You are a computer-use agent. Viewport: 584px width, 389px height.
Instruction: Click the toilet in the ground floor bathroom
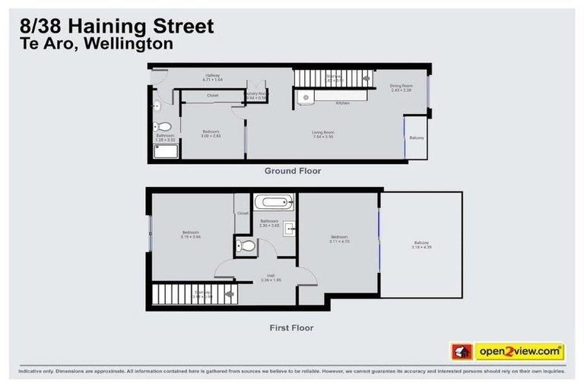click(160, 127)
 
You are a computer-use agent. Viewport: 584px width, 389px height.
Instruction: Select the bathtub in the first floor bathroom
click(272, 203)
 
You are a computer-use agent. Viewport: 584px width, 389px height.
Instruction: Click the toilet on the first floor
click(246, 245)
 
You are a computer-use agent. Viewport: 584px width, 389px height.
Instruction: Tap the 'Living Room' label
click(323, 133)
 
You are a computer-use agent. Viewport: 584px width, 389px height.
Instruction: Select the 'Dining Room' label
click(401, 87)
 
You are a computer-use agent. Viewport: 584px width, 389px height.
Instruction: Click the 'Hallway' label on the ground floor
click(213, 75)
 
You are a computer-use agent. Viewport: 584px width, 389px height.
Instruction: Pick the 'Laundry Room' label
click(256, 93)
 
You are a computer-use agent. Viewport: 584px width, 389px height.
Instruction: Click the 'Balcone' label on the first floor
click(421, 242)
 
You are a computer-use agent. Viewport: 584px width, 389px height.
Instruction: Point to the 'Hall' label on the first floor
click(271, 276)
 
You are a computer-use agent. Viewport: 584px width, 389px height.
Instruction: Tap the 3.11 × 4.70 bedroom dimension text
click(338, 241)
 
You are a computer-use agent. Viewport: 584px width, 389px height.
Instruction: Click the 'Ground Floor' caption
click(292, 171)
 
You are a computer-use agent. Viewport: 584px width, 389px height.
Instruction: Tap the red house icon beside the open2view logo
click(461, 351)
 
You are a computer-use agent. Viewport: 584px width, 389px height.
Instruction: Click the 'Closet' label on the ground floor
click(213, 96)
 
